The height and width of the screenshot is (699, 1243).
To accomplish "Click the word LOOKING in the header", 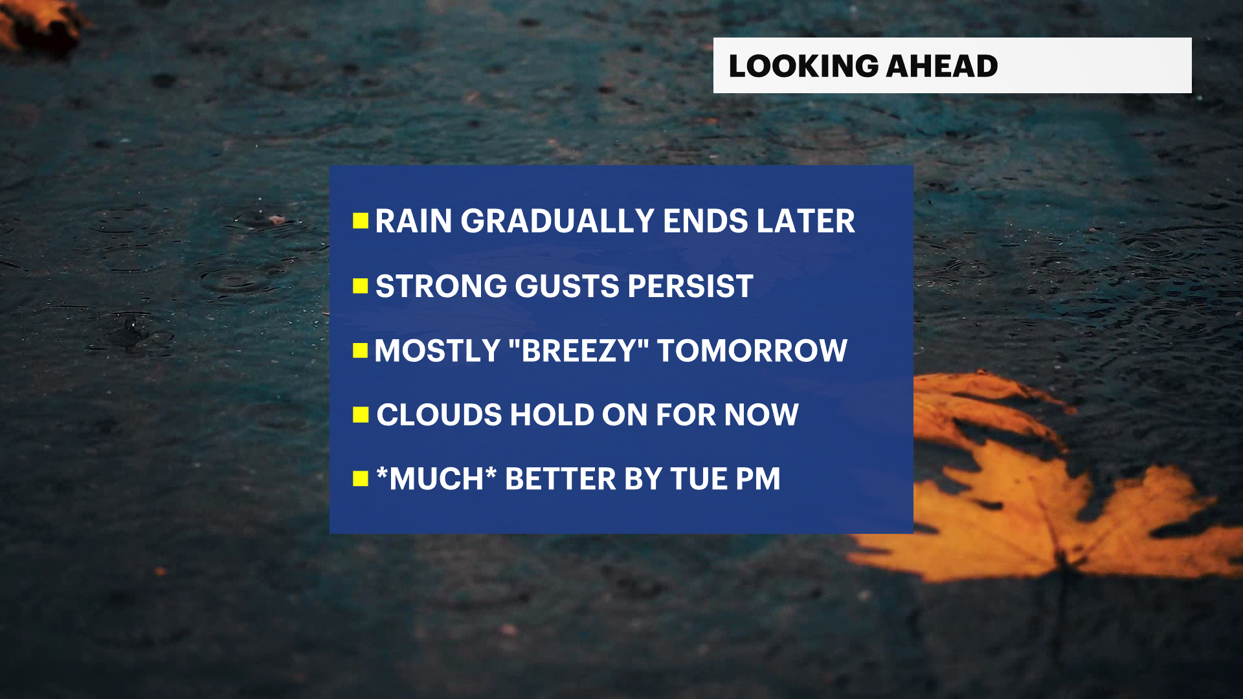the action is pyautogui.click(x=803, y=66).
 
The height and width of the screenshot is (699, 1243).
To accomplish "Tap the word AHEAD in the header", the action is pyautogui.click(x=942, y=66).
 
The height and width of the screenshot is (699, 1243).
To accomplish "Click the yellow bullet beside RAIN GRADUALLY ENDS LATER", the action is pyautogui.click(x=361, y=221).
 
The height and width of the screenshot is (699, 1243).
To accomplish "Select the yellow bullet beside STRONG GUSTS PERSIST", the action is pyautogui.click(x=361, y=286).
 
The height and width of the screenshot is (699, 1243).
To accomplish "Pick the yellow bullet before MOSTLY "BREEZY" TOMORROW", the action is pyautogui.click(x=361, y=351).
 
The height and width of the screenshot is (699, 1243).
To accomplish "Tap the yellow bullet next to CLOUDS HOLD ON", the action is pyautogui.click(x=361, y=415).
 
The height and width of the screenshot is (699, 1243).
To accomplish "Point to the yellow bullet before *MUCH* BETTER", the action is pyautogui.click(x=361, y=479).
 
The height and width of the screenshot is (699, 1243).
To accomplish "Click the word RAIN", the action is pyautogui.click(x=414, y=221).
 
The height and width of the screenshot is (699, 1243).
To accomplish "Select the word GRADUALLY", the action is pyautogui.click(x=558, y=221).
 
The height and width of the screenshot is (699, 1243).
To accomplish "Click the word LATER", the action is pyautogui.click(x=806, y=221).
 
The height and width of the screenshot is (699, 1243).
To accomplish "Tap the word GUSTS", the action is pyautogui.click(x=567, y=286).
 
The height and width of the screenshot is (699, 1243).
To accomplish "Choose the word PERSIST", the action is pyautogui.click(x=690, y=286).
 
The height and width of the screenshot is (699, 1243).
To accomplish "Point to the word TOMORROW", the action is pyautogui.click(x=752, y=351).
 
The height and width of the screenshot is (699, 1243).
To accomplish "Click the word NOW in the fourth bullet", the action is pyautogui.click(x=761, y=415).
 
